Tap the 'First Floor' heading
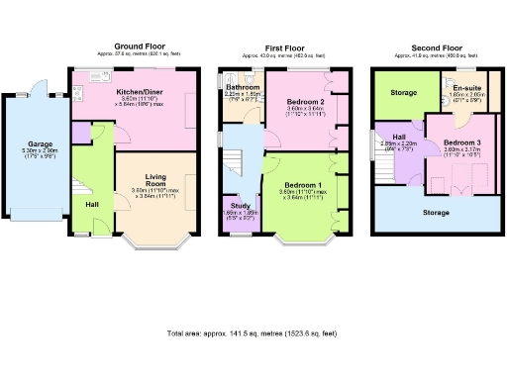pyautogui.click(x=286, y=47)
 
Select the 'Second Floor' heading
pyautogui.click(x=437, y=47)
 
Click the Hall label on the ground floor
pyautogui.click(x=91, y=204)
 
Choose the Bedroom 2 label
pyautogui.click(x=305, y=101)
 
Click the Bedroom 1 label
pyautogui.click(x=305, y=185)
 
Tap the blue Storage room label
pyautogui.click(x=437, y=211)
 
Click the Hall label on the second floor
pyautogui.click(x=398, y=138)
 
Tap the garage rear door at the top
pyautogui.click(x=38, y=83)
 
